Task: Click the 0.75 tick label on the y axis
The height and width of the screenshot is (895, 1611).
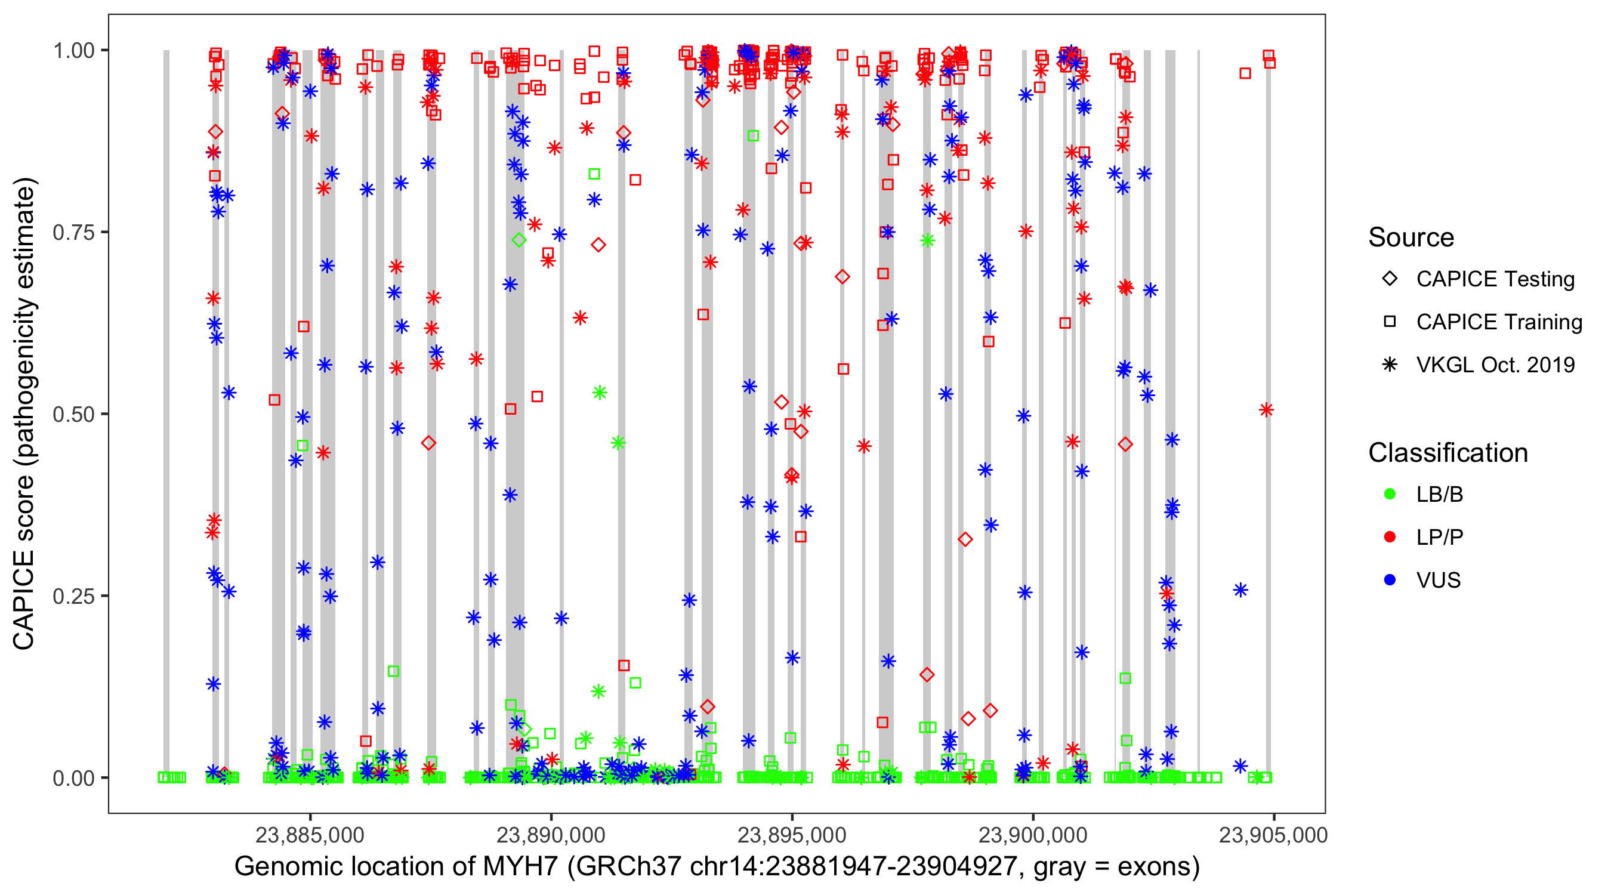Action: coord(73,232)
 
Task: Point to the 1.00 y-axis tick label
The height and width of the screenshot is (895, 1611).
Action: coord(73,50)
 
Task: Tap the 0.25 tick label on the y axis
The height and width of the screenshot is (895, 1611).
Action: coord(73,596)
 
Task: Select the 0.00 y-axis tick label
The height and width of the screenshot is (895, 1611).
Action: coord(73,778)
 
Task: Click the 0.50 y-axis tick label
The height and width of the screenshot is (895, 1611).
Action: coord(73,414)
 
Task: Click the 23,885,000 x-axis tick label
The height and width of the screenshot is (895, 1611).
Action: coord(310,835)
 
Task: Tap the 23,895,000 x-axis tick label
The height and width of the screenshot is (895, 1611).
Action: coord(792,835)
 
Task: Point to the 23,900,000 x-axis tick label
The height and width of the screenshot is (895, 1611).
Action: coord(1032,835)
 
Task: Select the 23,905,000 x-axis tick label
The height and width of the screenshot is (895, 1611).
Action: coord(1273,835)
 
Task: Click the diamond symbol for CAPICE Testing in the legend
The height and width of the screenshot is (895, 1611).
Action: coord(1390,279)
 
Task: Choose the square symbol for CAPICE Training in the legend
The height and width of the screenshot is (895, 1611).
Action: coord(1390,322)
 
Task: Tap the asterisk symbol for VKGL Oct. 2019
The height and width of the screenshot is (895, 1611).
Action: coord(1390,365)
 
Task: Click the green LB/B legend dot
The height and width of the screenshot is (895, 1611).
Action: coord(1390,494)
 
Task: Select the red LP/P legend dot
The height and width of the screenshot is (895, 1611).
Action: coord(1390,537)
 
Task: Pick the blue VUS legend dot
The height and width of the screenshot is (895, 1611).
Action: coord(1390,580)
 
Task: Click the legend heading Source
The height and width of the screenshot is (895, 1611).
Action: coord(1411,237)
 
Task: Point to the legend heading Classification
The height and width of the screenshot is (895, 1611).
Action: coord(1448,453)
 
